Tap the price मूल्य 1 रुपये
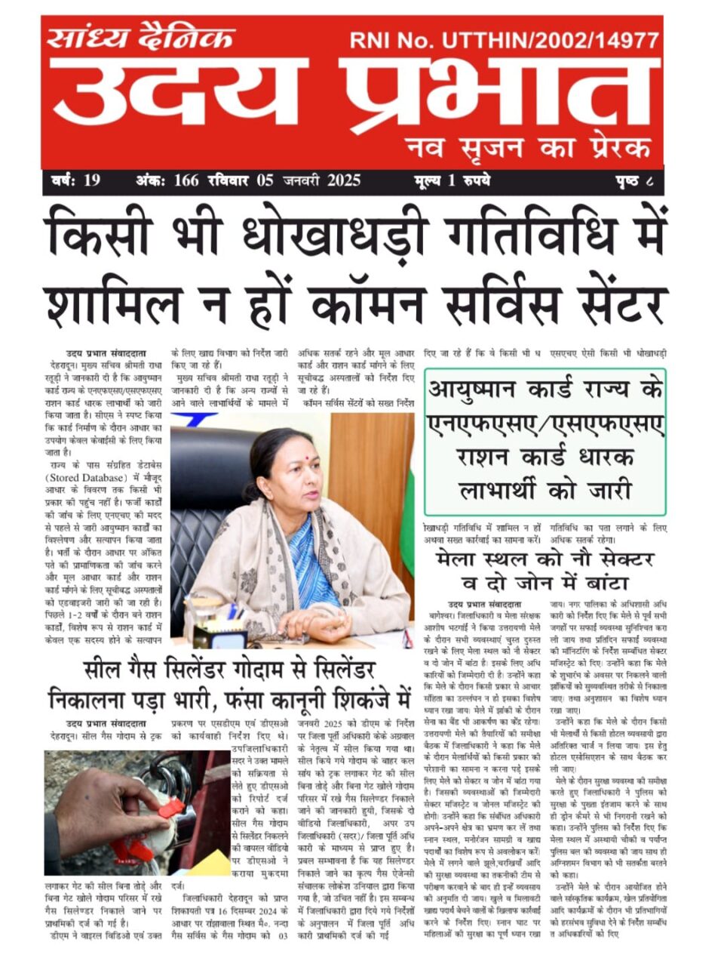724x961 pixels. click(x=452, y=180)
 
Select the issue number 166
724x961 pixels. click(x=186, y=180)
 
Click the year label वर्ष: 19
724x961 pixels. click(x=76, y=180)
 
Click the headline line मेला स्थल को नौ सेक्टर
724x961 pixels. click(x=545, y=559)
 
